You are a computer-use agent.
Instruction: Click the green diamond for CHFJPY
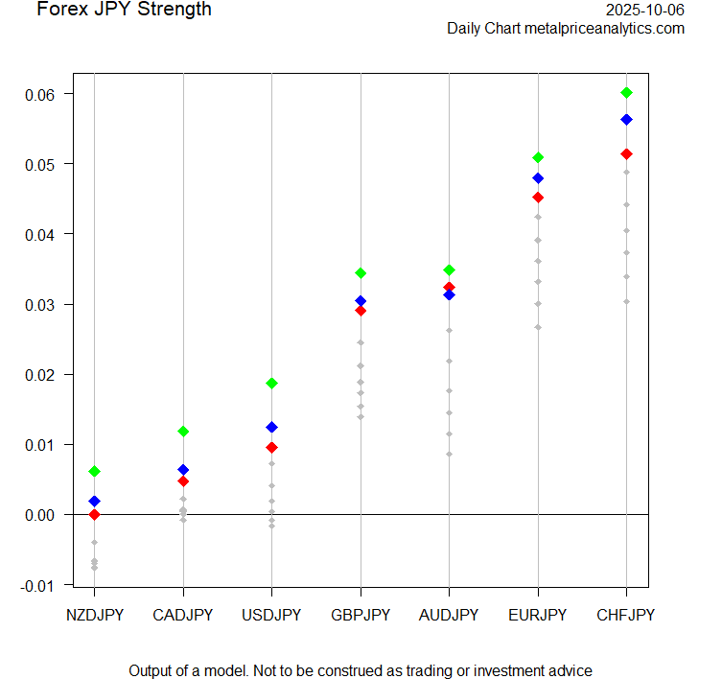click(x=627, y=93)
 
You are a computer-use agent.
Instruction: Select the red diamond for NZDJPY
click(x=94, y=515)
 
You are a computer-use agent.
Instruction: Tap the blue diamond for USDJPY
click(x=271, y=427)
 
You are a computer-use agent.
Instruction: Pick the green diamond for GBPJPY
click(x=361, y=273)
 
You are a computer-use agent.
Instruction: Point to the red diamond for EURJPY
click(x=538, y=198)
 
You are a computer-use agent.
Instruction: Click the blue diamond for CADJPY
click(x=183, y=470)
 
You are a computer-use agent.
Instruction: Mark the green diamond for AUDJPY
click(x=449, y=270)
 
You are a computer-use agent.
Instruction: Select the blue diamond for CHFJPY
click(x=627, y=120)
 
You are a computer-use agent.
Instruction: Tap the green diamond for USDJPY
click(x=271, y=384)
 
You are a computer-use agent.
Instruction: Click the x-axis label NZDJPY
click(x=94, y=615)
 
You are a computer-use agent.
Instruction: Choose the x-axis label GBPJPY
click(x=361, y=615)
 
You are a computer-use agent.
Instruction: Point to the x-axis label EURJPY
click(x=538, y=615)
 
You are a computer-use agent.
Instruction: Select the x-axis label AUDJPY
click(x=449, y=615)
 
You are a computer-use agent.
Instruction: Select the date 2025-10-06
click(x=645, y=10)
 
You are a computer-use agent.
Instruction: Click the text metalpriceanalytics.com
click(x=604, y=29)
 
